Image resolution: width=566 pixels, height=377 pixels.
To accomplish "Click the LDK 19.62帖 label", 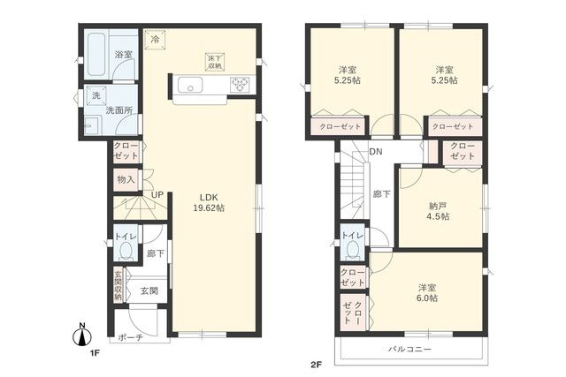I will pos(210,201).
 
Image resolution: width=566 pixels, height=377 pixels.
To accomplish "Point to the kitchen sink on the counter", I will pos(192,86).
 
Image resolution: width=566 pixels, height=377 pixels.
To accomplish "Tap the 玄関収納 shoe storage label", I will pos(117,285).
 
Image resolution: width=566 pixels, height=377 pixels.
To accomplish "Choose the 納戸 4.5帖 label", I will pos(440,210).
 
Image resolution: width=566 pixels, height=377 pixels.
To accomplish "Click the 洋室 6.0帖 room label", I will pos(428,292).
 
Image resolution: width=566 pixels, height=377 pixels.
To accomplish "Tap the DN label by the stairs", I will pos(376,152).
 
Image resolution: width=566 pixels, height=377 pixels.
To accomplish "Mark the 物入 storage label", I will pos(126,179).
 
